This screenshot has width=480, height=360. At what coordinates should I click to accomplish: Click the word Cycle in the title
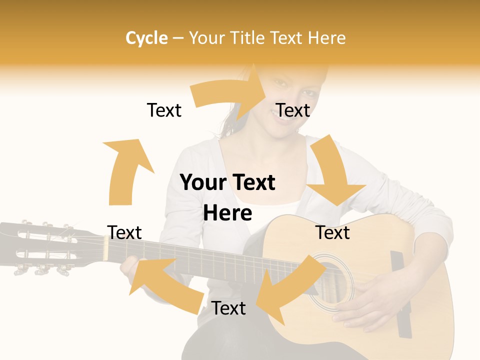pos(146,38)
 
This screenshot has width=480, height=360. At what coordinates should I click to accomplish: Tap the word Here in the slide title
pos(326,38)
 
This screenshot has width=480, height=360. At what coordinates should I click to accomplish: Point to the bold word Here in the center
pos(227,213)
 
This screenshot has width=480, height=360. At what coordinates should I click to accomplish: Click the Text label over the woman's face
pos(293,110)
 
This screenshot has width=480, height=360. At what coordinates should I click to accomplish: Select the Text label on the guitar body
pos(332,232)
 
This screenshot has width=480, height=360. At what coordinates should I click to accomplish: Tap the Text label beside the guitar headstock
pos(124,232)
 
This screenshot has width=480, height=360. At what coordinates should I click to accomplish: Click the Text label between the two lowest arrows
pos(228,308)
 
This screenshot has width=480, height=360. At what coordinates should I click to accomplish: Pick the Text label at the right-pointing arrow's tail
pos(164,110)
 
